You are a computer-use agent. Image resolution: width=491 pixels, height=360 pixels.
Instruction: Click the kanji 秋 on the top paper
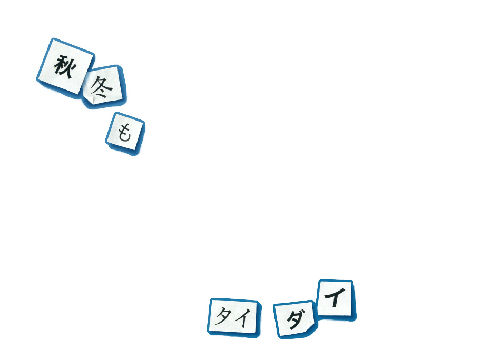click(64, 66)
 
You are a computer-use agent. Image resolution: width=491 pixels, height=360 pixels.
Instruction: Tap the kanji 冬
click(102, 87)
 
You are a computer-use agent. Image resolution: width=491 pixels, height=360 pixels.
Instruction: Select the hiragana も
click(123, 133)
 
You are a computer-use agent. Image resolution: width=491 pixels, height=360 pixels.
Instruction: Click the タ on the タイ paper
click(223, 316)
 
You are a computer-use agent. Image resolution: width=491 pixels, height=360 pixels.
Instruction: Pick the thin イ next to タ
click(242, 317)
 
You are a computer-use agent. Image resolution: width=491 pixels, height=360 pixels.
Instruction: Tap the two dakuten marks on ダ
click(301, 312)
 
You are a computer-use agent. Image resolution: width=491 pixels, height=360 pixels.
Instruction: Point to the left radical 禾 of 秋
click(58, 66)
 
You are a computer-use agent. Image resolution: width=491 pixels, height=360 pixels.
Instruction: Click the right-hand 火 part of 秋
click(69, 67)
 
